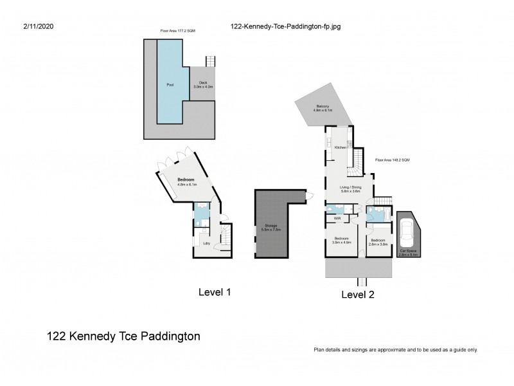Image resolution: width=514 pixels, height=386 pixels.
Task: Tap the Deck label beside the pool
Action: (203, 82)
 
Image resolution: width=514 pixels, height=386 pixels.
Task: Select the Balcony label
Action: (323, 106)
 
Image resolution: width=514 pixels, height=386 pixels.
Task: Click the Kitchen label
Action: (341, 147)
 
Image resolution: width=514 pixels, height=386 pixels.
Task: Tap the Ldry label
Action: (207, 243)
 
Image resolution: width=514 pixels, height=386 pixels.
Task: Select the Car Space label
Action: (409, 252)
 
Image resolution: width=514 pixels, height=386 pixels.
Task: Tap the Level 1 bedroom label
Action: (186, 179)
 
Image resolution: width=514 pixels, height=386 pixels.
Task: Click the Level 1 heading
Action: (214, 292)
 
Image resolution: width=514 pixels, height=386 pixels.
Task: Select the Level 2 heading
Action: (358, 295)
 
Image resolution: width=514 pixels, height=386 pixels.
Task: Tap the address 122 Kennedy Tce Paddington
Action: (124, 336)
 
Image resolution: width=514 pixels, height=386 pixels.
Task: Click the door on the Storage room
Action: (311, 195)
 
